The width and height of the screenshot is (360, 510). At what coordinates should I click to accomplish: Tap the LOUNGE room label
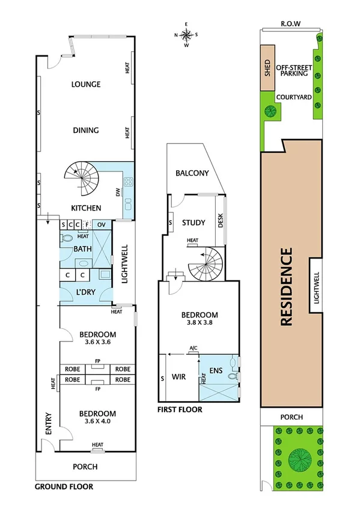(x=86, y=84)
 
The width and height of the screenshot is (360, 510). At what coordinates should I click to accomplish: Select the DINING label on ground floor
(x=86, y=131)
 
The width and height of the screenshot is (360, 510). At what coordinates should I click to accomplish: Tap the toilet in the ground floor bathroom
(x=66, y=238)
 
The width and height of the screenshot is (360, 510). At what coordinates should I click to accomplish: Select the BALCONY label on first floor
(x=192, y=173)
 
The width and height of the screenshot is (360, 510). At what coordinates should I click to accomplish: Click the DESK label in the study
(x=220, y=223)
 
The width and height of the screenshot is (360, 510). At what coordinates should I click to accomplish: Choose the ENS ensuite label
(x=215, y=371)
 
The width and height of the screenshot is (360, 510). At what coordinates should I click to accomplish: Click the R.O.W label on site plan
(x=290, y=25)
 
